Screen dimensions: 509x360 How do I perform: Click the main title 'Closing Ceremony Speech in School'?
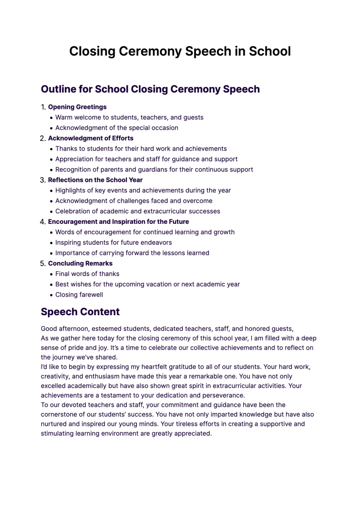coord(180,51)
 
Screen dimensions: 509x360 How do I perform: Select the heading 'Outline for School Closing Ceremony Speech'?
coord(150,89)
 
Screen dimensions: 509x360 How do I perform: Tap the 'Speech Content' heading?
coord(80,312)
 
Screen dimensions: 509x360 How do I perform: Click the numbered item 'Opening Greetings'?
coord(77,107)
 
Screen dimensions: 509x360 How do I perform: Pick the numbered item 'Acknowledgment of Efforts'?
coord(91,138)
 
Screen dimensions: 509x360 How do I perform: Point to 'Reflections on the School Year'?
coord(95,180)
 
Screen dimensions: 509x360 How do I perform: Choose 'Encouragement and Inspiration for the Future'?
coord(118,222)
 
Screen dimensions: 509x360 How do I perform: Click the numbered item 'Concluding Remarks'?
coord(80,263)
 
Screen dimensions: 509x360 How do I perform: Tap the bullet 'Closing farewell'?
coord(79,295)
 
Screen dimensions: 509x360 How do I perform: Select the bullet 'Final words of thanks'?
coord(87,274)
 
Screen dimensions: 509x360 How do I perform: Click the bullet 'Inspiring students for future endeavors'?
coord(113,243)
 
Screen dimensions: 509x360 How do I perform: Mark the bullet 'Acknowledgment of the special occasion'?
coord(116,128)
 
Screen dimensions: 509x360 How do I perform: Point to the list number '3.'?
coord(43,180)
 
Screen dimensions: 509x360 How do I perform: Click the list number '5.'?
coord(43,264)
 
